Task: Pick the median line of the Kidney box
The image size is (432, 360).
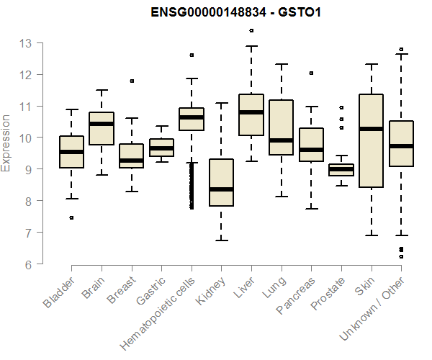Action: pos(221,189)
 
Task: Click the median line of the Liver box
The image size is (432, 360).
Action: pos(251,112)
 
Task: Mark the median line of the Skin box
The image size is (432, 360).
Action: pos(371,129)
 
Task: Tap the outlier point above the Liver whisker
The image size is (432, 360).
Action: pos(251,31)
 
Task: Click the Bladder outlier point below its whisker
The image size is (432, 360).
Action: pos(71,217)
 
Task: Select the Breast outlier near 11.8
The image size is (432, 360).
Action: pos(131,81)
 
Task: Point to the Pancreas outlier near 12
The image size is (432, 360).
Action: pos(311,73)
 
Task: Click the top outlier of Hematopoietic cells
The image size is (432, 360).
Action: pos(192,55)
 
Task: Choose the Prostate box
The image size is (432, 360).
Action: pos(341,169)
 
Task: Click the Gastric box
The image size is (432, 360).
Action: pos(161,148)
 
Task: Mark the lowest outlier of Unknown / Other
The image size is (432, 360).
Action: pos(401,256)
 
